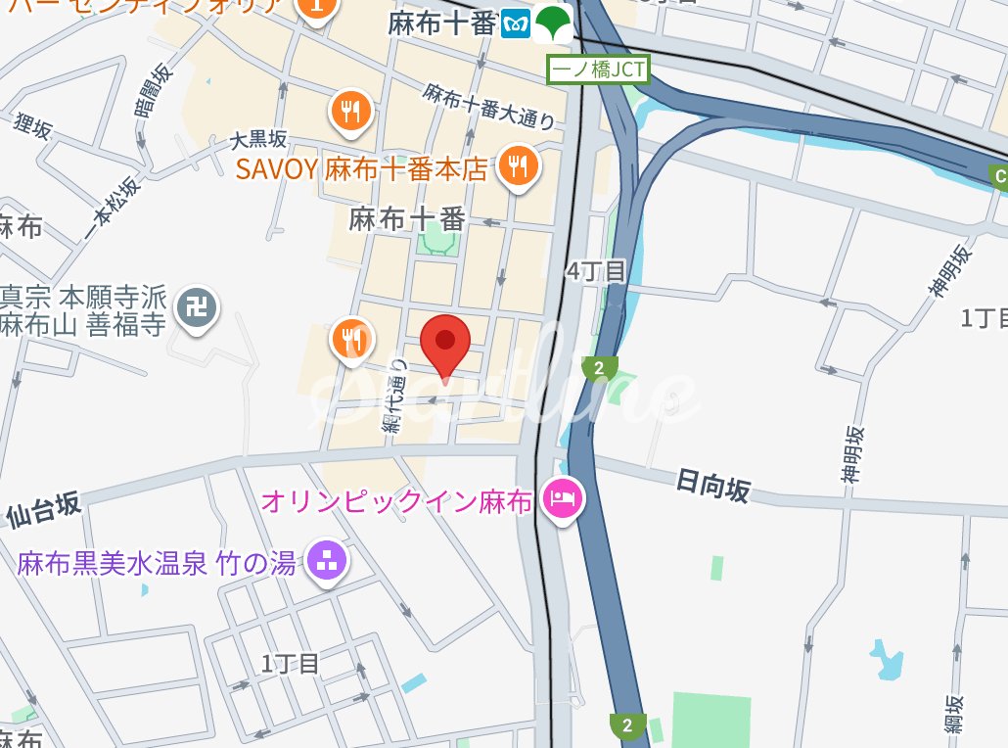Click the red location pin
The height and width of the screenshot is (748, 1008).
(x=445, y=344)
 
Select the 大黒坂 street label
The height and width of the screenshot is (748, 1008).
(x=258, y=140)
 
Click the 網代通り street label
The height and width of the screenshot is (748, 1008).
(x=393, y=397)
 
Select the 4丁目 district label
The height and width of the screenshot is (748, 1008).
(x=595, y=271)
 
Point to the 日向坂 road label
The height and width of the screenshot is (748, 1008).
(x=713, y=485)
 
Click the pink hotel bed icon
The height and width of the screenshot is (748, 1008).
(x=565, y=499)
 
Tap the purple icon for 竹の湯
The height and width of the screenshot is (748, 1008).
(x=325, y=561)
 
